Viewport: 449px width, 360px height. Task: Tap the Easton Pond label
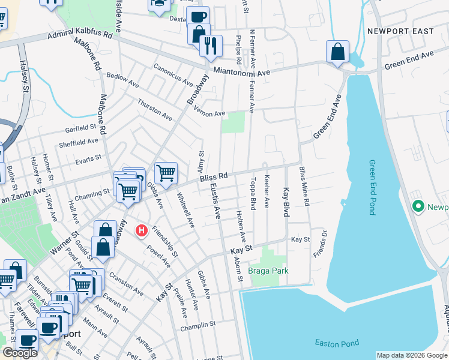337,343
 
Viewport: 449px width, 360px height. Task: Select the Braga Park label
268,271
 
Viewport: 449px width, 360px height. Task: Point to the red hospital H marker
142,230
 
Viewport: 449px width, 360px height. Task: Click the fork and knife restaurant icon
211,46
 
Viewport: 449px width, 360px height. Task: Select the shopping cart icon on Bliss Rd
166,173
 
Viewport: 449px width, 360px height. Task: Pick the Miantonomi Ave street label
242,71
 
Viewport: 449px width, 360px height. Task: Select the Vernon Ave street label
209,113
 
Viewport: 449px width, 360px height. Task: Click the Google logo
20,353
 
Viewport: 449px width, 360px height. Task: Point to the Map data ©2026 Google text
412,355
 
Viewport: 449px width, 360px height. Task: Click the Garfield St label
80,127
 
